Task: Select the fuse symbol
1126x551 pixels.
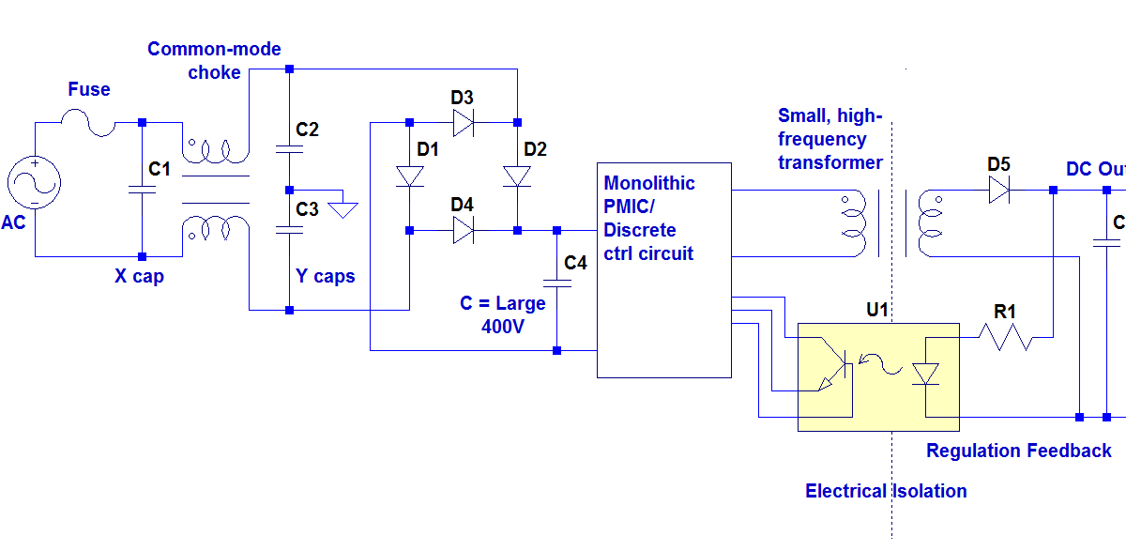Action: [x=87, y=122]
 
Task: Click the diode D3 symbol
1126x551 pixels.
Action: [x=462, y=122]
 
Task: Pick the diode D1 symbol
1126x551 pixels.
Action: [x=409, y=176]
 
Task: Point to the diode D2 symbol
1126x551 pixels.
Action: [x=517, y=176]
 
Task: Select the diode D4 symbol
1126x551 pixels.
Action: [x=462, y=230]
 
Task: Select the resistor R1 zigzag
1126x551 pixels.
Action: [x=1005, y=337]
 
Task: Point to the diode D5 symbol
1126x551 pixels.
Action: [x=998, y=191]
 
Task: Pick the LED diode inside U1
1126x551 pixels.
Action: [x=925, y=374]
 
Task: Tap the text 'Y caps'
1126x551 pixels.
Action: [x=326, y=276]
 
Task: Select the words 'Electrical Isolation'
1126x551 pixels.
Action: [x=886, y=491]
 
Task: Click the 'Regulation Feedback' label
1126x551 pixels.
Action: [x=1018, y=451]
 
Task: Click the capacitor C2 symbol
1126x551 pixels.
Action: [x=289, y=148]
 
